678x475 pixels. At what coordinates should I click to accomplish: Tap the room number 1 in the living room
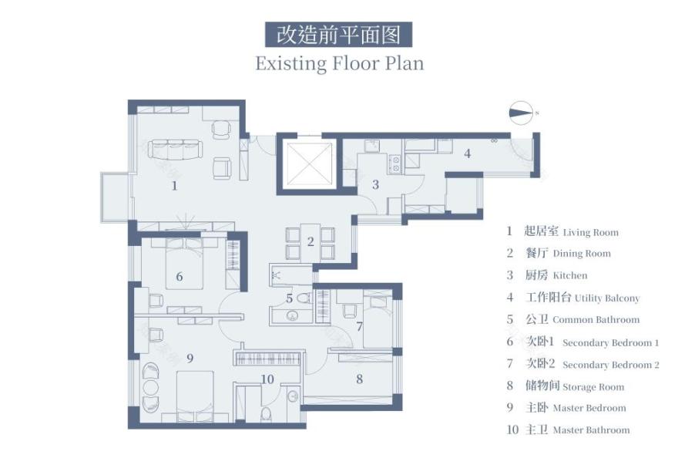174,185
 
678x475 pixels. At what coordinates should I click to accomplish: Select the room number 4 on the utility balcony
466,153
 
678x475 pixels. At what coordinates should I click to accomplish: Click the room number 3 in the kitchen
375,184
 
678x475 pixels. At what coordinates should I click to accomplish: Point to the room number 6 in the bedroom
179,276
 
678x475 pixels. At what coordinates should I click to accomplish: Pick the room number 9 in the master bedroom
189,357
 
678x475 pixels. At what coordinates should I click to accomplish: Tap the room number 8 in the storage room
359,378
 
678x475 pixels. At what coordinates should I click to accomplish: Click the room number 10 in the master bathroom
267,379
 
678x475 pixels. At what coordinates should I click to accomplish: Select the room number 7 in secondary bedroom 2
358,326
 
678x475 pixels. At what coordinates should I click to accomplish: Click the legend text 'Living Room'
590,232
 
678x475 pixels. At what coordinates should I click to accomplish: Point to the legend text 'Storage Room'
593,387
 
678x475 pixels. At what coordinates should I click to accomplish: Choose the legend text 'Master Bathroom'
591,430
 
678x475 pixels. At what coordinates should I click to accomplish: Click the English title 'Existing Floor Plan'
339,62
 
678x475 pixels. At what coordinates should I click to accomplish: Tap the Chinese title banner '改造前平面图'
338,35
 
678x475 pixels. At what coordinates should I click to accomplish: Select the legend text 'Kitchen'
569,275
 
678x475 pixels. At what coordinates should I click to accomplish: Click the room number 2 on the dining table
310,241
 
